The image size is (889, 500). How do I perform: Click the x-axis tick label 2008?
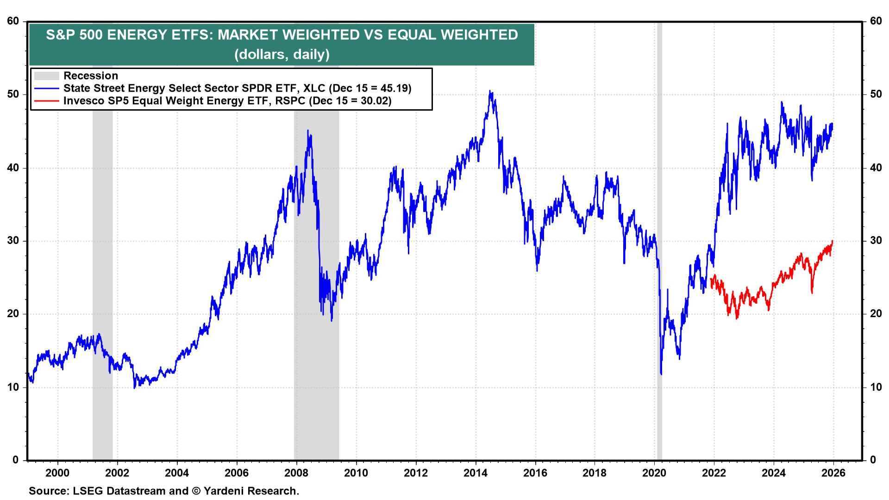[x=296, y=473]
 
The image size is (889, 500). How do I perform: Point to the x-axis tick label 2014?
[x=476, y=473]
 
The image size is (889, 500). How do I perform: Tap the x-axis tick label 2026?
[x=833, y=473]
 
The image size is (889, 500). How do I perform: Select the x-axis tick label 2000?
[x=58, y=473]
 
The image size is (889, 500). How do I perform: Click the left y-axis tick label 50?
[x=13, y=94]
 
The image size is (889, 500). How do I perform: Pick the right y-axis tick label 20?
[x=876, y=314]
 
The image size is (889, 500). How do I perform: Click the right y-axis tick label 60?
[x=876, y=21]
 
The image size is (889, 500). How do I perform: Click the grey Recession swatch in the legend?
[x=47, y=76]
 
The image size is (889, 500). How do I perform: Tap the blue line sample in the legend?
[x=47, y=88]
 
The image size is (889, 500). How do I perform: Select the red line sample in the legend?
[x=47, y=101]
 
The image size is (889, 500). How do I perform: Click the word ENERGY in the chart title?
[x=136, y=35]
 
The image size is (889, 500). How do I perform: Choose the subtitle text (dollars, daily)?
[x=282, y=55]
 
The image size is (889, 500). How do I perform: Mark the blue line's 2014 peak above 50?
[x=490, y=92]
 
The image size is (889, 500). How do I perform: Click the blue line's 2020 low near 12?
[x=661, y=374]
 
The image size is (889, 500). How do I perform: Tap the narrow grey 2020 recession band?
[x=659, y=231]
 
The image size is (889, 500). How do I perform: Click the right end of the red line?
[x=833, y=241]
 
